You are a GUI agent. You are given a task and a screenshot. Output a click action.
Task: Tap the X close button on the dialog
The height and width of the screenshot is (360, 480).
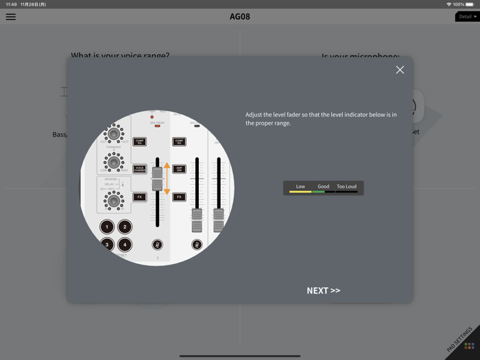coord(400,70)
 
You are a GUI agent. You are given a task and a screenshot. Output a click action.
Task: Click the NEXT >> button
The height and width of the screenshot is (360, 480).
coord(323,291)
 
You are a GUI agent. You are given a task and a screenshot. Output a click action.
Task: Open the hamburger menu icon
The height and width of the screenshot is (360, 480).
coord(11,16)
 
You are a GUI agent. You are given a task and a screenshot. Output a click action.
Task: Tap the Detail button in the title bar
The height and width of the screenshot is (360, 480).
coord(468,16)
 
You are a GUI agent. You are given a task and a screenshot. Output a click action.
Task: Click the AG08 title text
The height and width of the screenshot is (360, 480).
coord(240,16)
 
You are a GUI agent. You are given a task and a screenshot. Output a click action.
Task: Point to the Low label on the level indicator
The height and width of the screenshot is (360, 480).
coord(300,187)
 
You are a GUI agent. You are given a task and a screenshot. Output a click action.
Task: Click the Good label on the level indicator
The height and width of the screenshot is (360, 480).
coord(323,187)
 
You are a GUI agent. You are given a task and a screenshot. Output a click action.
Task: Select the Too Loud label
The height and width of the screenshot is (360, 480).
coord(346,187)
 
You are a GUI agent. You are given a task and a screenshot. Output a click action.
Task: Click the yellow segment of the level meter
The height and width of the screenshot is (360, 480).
coord(300,192)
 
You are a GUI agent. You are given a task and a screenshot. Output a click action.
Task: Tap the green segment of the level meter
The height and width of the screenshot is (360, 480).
coord(318,192)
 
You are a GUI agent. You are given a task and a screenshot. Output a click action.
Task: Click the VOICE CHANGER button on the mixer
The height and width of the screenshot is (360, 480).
coord(139,169)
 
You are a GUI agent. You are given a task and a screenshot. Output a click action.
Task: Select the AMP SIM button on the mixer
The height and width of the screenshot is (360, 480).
coord(179,169)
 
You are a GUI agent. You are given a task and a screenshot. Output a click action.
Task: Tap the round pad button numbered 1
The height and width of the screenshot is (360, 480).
coord(107,227)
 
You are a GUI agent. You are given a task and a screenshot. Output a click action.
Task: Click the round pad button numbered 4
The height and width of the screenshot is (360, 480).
coord(125,244)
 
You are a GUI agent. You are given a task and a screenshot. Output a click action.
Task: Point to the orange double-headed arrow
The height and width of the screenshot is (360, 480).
coord(167,178)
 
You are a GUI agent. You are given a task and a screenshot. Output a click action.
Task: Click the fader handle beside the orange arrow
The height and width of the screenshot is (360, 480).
coord(157,179)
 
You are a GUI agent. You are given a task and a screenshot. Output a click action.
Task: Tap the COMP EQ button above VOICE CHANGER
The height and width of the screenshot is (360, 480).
coord(139,142)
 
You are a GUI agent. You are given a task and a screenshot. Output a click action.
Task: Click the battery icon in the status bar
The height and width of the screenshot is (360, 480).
coord(470,4)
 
